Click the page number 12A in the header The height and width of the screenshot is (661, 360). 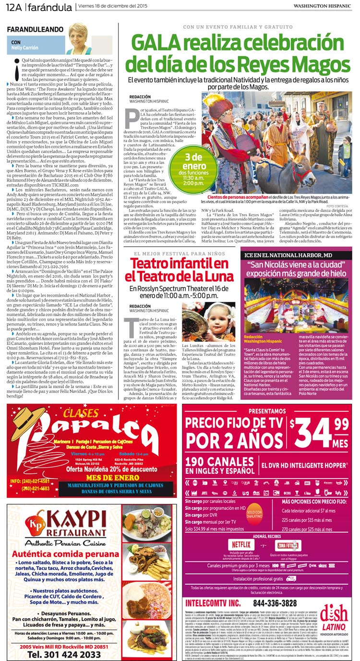[13, 7]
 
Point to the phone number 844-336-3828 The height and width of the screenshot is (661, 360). [275, 603]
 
